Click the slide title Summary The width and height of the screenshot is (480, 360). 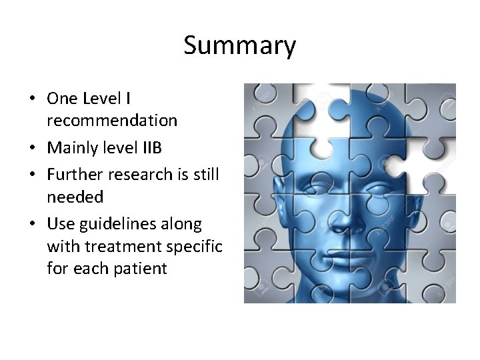(239, 46)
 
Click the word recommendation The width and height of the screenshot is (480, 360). (112, 121)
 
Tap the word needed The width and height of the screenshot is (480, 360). (75, 197)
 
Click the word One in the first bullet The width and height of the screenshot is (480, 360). (61, 99)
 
